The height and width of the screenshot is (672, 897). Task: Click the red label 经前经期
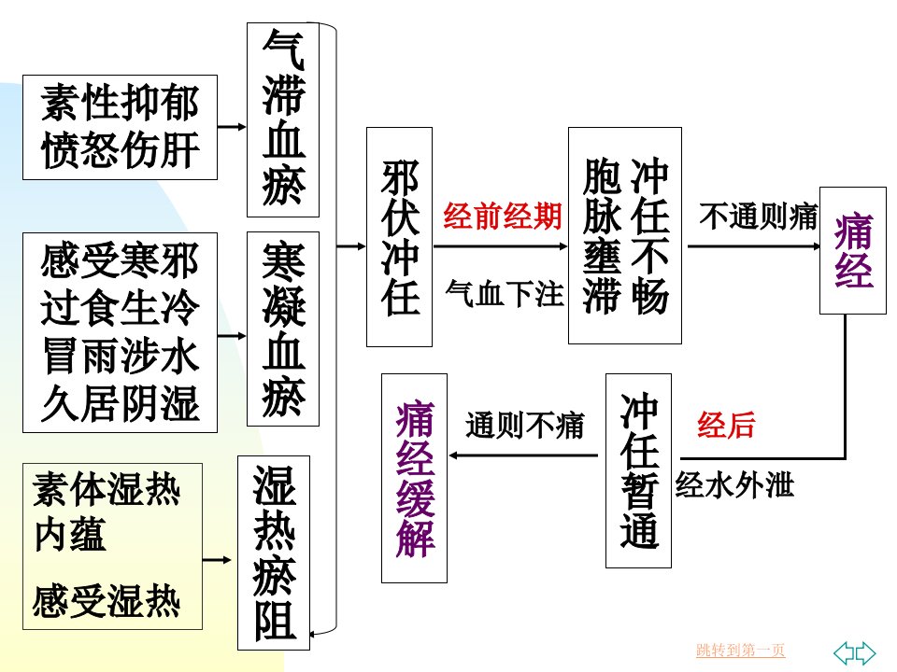tap(503, 216)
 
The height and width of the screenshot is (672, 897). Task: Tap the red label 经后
tap(726, 426)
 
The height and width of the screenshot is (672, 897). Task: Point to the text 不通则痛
tap(759, 217)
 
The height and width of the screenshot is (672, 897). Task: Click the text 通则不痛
tap(524, 426)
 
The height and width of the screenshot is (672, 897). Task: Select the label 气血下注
tap(504, 294)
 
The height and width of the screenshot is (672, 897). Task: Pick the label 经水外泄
tap(734, 485)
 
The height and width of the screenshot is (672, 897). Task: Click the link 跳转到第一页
tap(740, 651)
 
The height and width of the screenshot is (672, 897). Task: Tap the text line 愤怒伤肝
tap(121, 149)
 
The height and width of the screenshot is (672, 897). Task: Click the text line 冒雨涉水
tap(121, 356)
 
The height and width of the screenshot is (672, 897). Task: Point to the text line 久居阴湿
tap(121, 403)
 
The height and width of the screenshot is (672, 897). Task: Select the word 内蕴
tap(70, 535)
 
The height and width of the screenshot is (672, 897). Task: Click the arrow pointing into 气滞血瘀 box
tap(232, 126)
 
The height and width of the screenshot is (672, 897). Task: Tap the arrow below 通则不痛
tap(523, 455)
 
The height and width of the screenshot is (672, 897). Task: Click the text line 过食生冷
tap(121, 308)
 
